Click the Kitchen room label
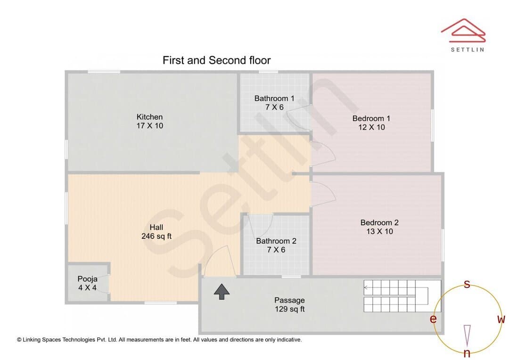pos(150,121)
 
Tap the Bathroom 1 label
pos(274,103)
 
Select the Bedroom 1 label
pos(371,123)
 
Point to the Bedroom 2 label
pos(379,227)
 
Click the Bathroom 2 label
pos(276,245)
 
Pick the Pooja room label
pos(87,283)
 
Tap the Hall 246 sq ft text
pos(156,232)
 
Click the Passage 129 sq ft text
pos(289,304)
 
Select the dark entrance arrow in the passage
pos(222,292)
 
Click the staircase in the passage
pos(402,296)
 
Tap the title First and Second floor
pos(216,60)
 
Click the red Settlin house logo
pos(463,31)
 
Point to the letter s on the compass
pos(467,284)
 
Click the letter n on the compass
pos(467,352)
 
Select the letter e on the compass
pos(433,319)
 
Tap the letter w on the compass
pos(501,319)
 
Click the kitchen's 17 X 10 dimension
pos(150,126)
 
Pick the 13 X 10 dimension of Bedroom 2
pos(379,231)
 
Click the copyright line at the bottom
pos(159,340)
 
